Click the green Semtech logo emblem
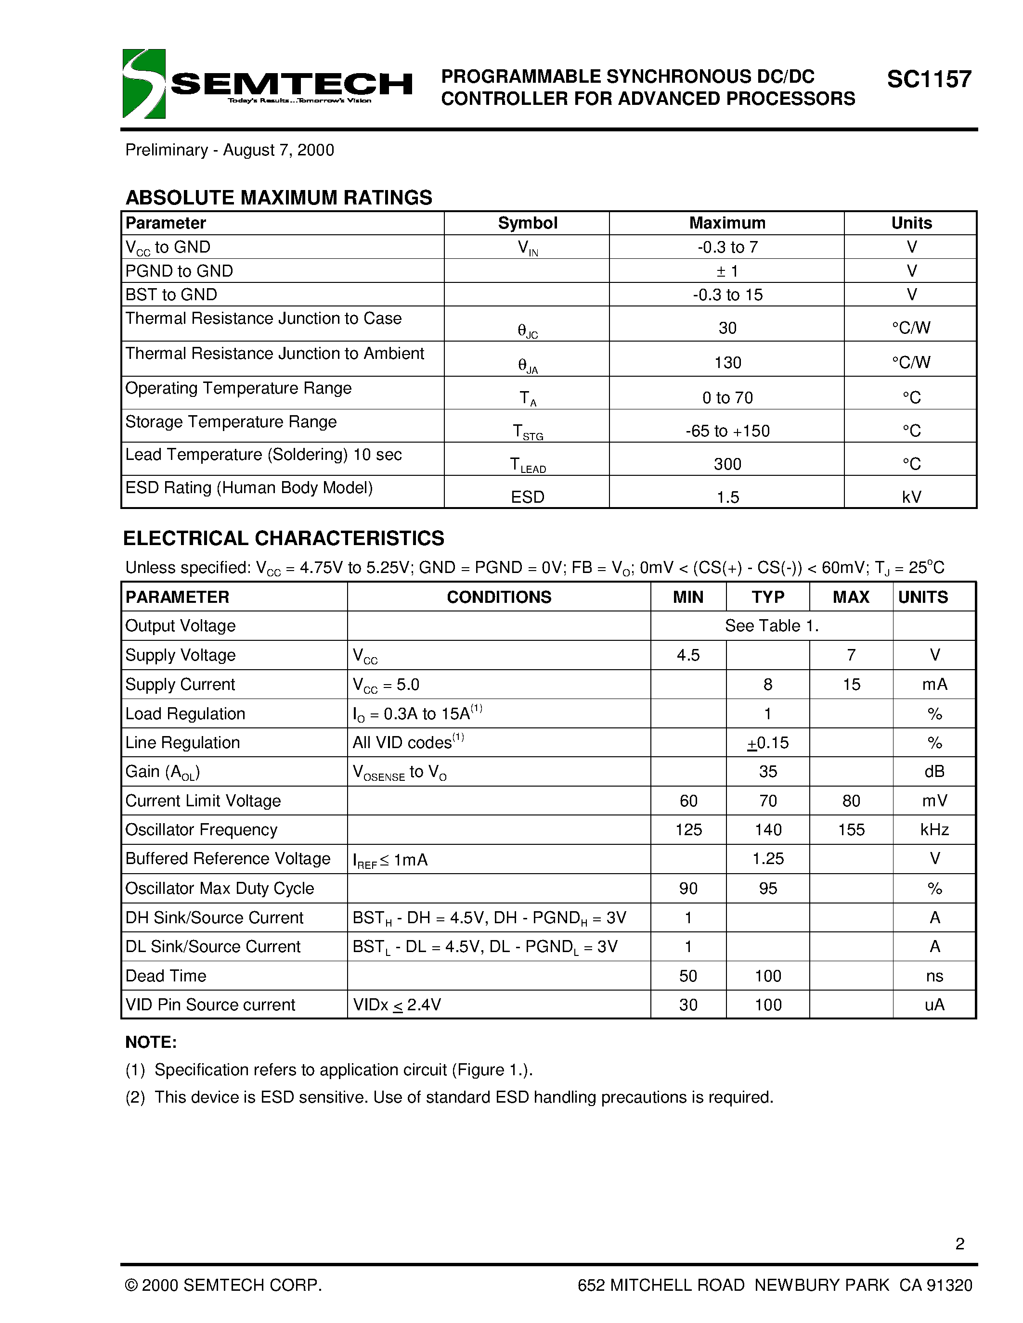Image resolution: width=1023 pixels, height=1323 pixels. click(143, 84)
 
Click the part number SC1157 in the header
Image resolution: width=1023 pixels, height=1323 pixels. click(929, 79)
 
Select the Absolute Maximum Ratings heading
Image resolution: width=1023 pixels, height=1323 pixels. click(278, 197)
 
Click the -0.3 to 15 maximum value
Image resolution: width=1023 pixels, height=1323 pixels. click(727, 295)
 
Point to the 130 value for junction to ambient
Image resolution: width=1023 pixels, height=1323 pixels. click(727, 362)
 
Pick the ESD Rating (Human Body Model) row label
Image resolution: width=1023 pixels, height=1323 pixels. click(248, 488)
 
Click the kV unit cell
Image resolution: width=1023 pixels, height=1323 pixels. click(911, 497)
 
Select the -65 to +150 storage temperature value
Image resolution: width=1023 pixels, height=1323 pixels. click(727, 431)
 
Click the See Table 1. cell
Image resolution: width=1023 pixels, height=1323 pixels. click(772, 626)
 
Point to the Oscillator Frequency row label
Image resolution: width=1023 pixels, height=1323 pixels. click(201, 829)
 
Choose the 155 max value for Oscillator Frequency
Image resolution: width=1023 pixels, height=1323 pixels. click(851, 829)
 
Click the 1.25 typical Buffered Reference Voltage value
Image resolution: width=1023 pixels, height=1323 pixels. click(768, 858)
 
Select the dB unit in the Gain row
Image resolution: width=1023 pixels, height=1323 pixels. click(934, 771)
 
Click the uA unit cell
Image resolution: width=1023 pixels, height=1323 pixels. click(934, 1005)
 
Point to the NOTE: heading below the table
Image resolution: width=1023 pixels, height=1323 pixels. click(151, 1042)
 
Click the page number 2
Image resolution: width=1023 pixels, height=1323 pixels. click(959, 1244)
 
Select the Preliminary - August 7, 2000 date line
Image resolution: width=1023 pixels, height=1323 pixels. click(230, 150)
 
